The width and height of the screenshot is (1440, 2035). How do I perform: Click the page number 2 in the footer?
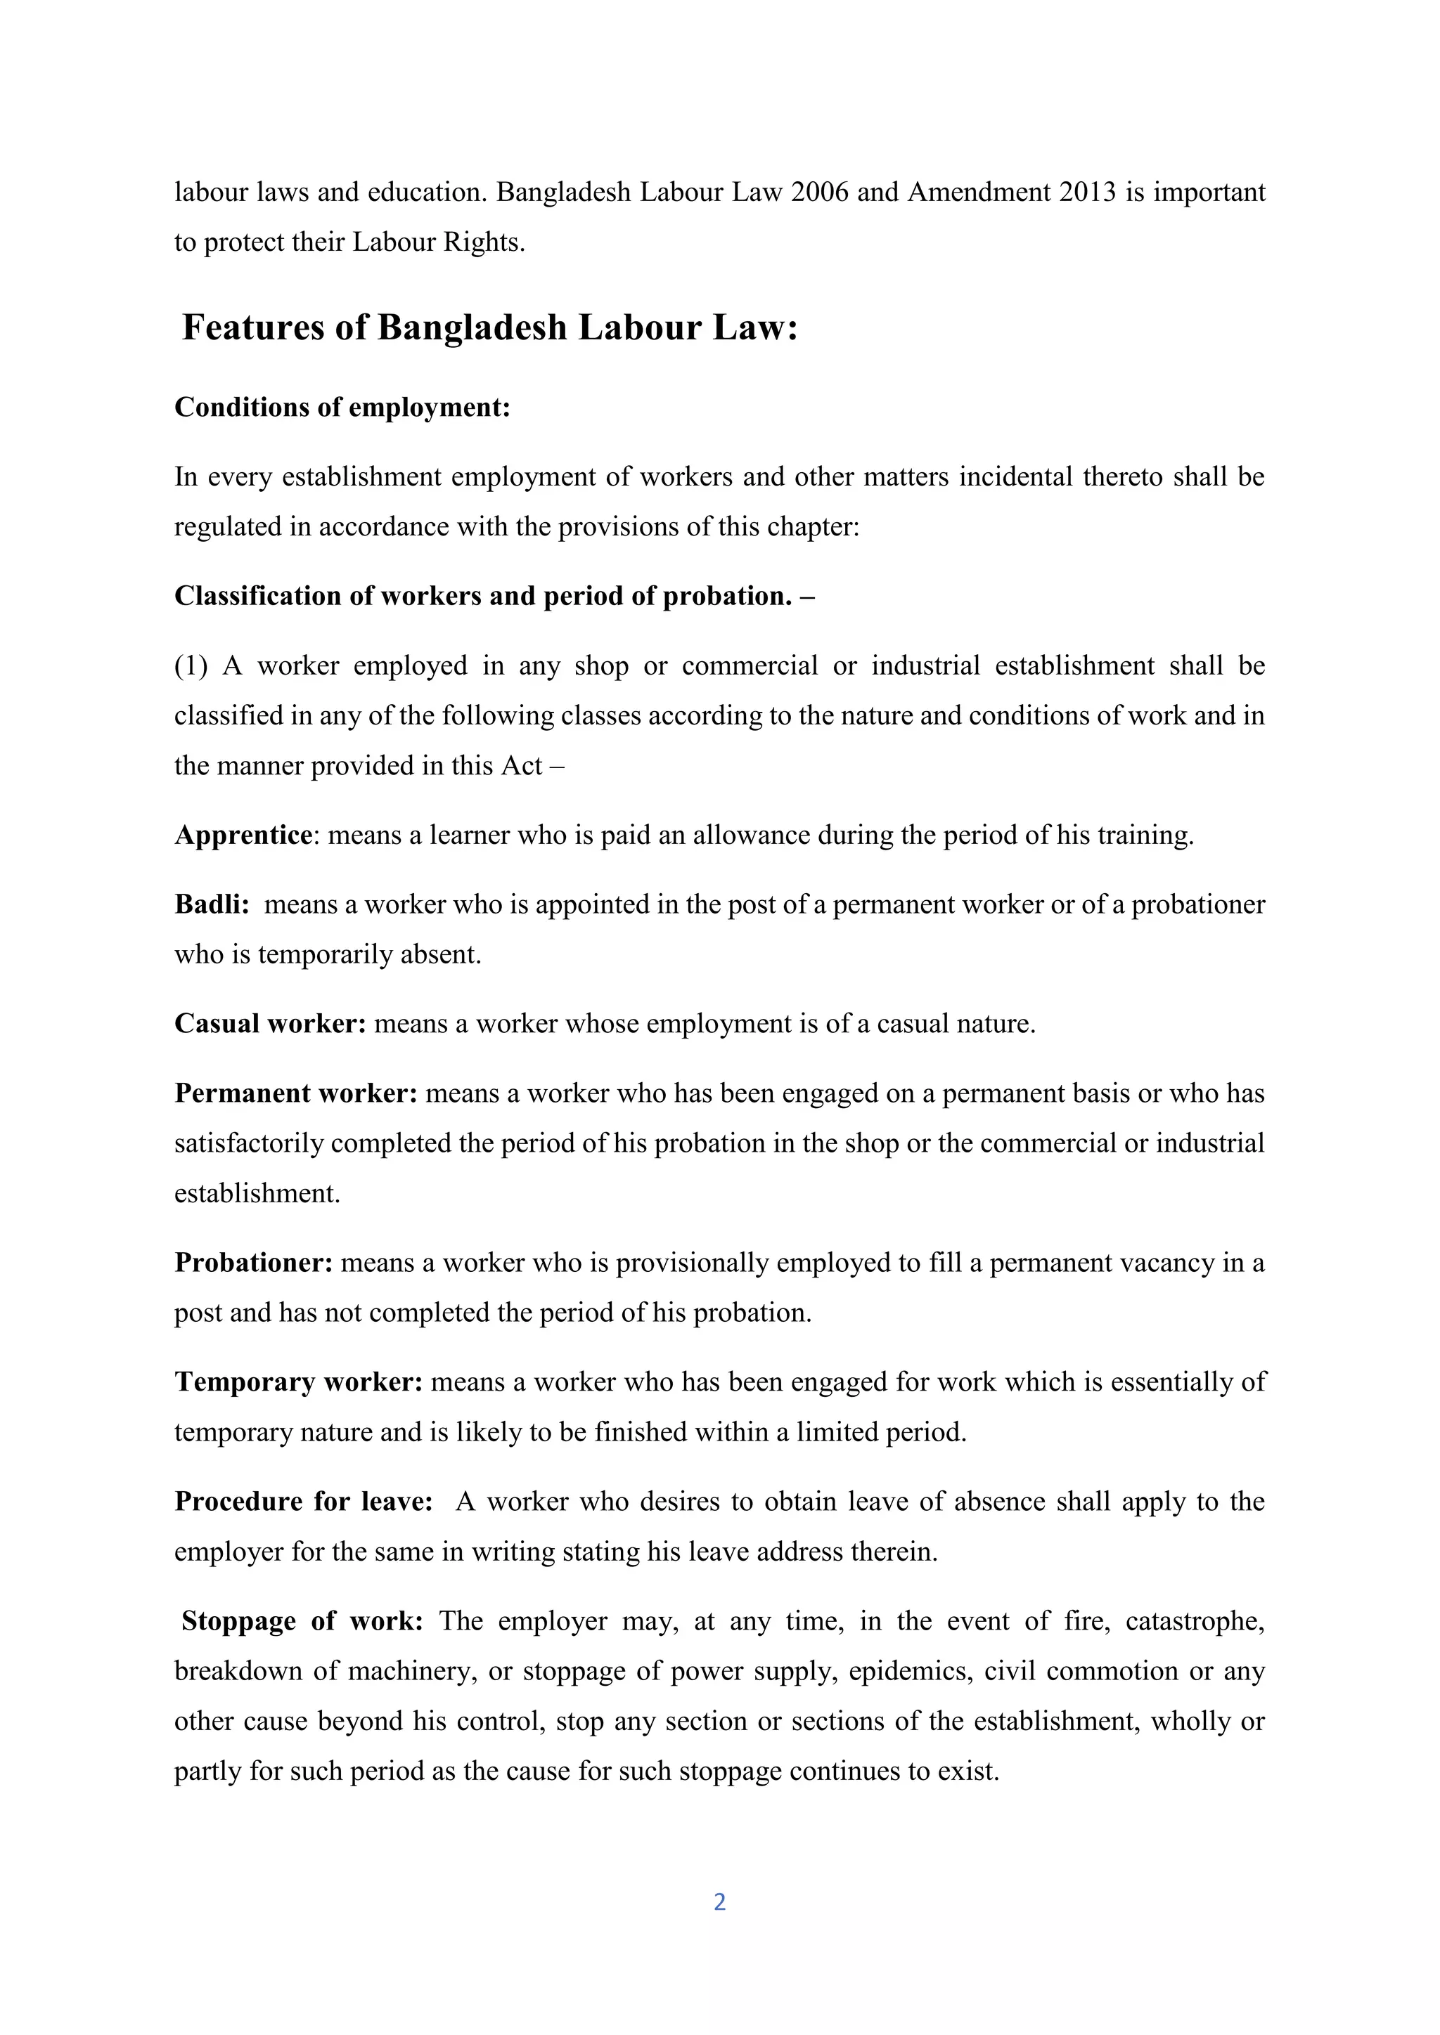pos(719,1901)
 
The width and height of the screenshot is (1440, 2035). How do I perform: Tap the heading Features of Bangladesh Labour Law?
pos(489,328)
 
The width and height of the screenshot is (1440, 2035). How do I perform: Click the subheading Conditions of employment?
pos(342,407)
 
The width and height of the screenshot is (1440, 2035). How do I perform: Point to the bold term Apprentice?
pos(243,835)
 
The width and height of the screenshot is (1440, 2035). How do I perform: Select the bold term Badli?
pos(211,904)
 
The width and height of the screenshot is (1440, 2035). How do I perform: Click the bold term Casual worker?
pos(269,1024)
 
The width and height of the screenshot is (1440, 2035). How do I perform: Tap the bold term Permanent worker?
pos(295,1093)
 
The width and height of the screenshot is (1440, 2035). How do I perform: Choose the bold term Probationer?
pos(254,1262)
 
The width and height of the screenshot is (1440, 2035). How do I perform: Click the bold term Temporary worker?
pos(298,1381)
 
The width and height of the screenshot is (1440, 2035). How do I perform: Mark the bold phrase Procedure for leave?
pos(303,1502)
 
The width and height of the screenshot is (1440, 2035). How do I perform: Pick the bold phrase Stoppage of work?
pos(302,1621)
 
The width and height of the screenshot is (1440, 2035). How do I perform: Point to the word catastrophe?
pos(1193,1621)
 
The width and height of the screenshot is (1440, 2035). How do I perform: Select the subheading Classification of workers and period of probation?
pos(494,596)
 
